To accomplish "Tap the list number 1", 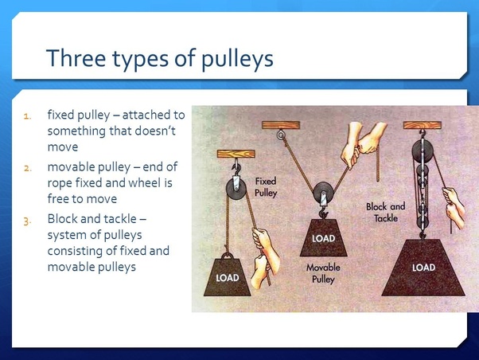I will point(26,114).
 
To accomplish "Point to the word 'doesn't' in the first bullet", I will point(162,131).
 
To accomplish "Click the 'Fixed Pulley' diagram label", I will point(266,187).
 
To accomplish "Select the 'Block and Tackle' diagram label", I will point(385,211).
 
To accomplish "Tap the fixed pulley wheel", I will point(236,190).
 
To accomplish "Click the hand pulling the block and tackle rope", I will point(454,201).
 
